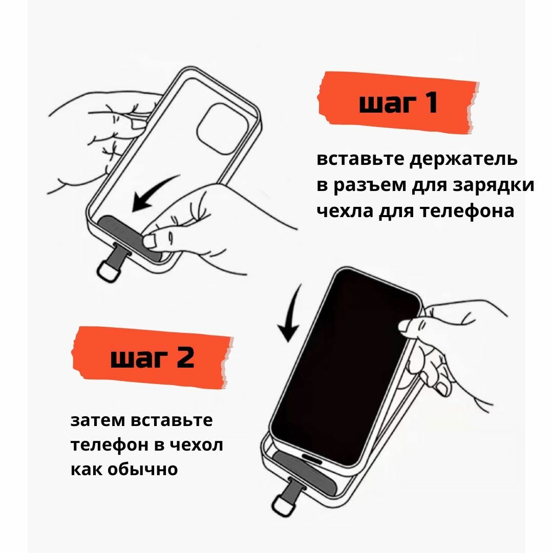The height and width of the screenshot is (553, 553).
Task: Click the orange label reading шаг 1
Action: click(x=398, y=103)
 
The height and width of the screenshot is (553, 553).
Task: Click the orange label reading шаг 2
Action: click(x=152, y=357)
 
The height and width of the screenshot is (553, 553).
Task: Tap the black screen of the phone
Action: click(x=338, y=369)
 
